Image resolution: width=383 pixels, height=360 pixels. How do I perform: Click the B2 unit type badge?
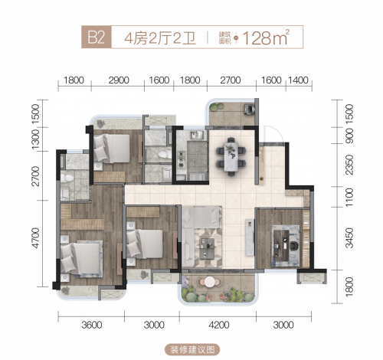tap(97, 38)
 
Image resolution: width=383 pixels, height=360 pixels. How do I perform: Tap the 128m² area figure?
tap(266, 38)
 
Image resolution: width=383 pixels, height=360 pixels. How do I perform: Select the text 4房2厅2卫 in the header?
tap(160, 39)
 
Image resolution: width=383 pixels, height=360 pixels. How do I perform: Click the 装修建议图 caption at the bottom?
tap(192, 349)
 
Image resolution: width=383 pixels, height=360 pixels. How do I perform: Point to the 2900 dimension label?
tap(119, 80)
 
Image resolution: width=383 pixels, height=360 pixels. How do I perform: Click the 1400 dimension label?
tap(299, 80)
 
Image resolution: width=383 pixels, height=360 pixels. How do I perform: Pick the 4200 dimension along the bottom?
tap(219, 325)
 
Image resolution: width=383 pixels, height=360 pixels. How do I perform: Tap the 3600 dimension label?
tap(92, 325)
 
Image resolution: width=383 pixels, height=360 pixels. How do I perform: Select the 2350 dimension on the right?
tap(349, 165)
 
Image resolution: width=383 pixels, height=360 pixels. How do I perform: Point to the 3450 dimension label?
tap(349, 238)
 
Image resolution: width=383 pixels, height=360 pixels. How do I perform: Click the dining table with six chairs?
tap(231, 157)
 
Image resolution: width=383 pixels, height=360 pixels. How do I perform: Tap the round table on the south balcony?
tap(210, 282)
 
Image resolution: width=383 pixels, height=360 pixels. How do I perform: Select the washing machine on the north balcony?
tap(250, 109)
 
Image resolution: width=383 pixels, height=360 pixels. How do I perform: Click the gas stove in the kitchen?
tap(181, 159)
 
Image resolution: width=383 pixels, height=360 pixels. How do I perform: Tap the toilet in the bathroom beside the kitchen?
tap(165, 155)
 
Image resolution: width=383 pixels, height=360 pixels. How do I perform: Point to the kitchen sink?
tap(196, 135)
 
